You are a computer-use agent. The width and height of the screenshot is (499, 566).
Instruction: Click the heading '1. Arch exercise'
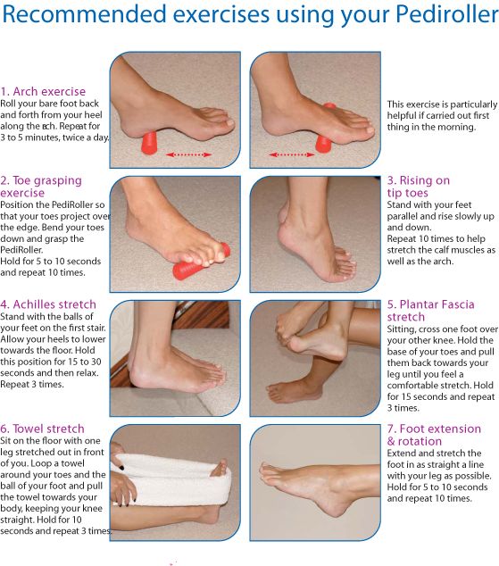click(x=43, y=91)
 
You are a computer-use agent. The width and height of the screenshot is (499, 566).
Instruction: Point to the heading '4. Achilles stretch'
click(x=48, y=304)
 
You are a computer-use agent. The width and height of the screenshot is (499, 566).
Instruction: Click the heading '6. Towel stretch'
click(x=43, y=429)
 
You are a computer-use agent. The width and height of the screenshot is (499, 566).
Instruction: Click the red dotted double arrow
click(x=188, y=154)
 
